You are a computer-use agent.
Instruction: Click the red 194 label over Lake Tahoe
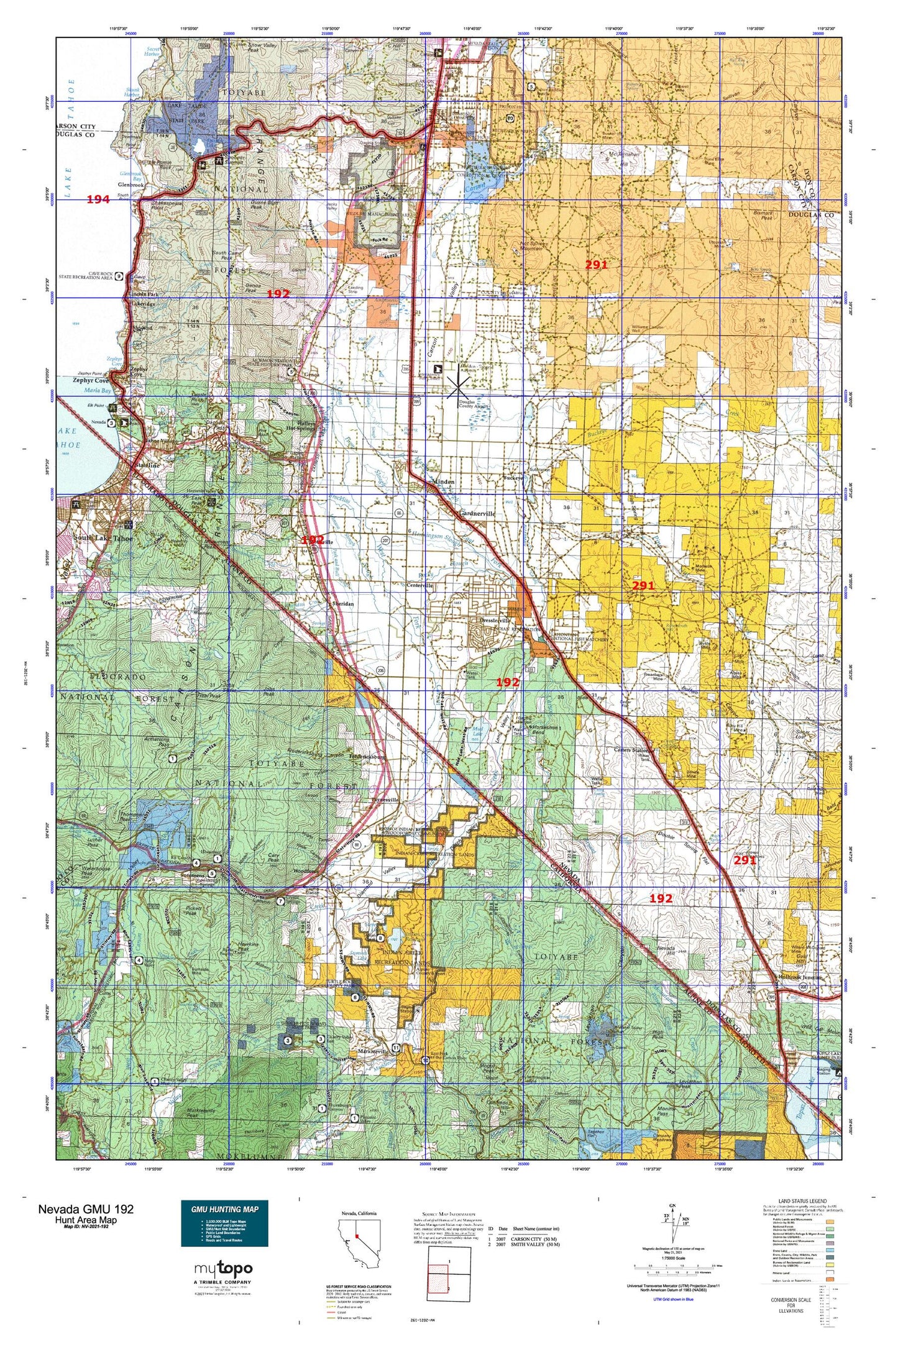point(98,199)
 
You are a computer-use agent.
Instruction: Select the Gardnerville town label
point(477,514)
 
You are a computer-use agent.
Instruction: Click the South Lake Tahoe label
point(103,538)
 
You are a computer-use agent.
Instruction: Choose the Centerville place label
point(419,585)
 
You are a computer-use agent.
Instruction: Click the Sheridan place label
point(343,604)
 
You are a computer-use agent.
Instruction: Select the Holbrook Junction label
point(802,994)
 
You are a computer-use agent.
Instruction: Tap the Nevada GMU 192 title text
point(85,1209)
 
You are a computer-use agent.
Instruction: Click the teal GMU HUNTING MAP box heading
point(224,1209)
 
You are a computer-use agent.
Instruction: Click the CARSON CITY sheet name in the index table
point(532,1237)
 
